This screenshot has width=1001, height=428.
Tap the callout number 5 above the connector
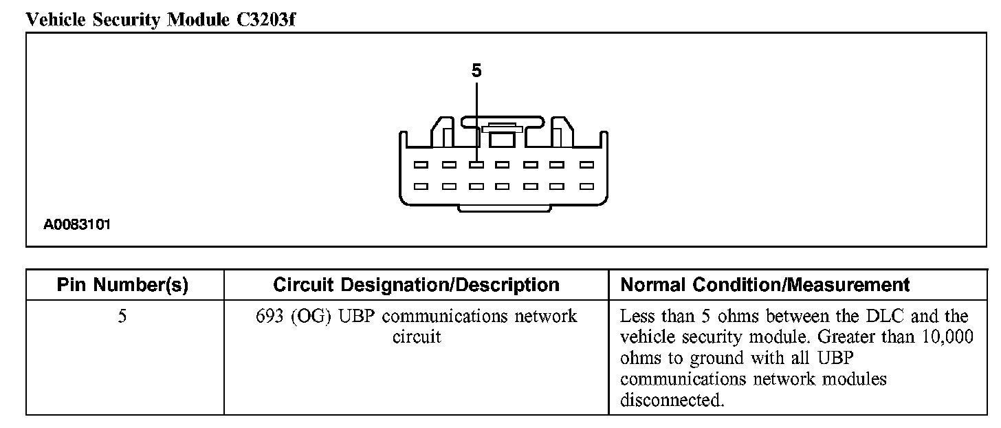476,71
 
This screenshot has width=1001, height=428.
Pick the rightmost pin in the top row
586,165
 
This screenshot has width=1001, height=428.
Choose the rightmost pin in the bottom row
586,186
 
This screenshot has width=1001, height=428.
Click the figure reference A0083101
78,224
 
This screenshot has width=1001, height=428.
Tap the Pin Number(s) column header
123,285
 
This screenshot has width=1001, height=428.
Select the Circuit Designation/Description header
416,285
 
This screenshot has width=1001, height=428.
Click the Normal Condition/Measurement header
765,285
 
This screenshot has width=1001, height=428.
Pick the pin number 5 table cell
122,317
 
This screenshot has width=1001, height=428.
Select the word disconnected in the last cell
672,400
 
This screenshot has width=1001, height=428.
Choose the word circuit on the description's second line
416,338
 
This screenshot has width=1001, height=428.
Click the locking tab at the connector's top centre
502,129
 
